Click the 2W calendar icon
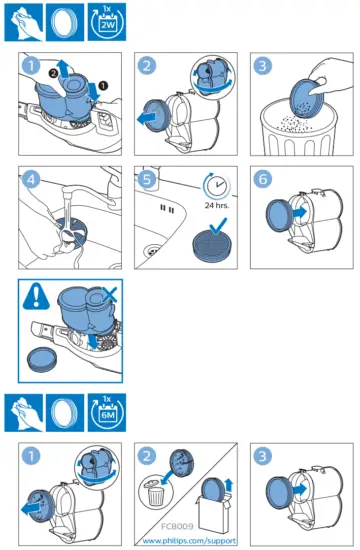click(x=107, y=22)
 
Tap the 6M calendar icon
click(x=107, y=412)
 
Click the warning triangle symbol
click(x=36, y=296)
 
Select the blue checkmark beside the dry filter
click(x=218, y=226)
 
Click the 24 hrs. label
click(x=217, y=205)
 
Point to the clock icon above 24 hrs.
click(x=216, y=185)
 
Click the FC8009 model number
click(x=177, y=526)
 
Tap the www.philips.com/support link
click(x=189, y=541)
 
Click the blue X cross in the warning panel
click(x=110, y=294)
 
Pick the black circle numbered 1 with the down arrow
click(x=104, y=85)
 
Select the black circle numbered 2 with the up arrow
click(x=53, y=73)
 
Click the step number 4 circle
click(x=31, y=179)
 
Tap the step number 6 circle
click(x=263, y=179)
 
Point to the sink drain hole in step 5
click(x=152, y=251)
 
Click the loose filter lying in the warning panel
click(x=42, y=359)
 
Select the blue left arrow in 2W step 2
click(x=147, y=119)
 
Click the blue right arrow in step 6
click(x=299, y=212)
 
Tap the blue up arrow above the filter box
click(x=229, y=485)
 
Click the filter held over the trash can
click(x=305, y=99)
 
